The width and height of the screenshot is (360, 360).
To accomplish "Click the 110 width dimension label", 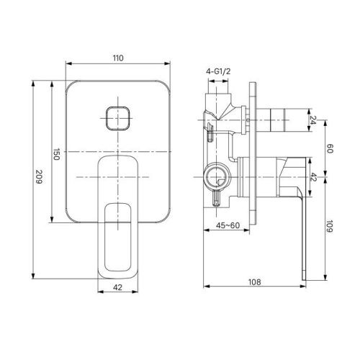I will (x=119, y=58).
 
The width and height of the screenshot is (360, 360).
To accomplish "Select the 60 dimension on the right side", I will (x=331, y=148).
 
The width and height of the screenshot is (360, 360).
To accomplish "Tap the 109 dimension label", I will (x=331, y=228).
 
